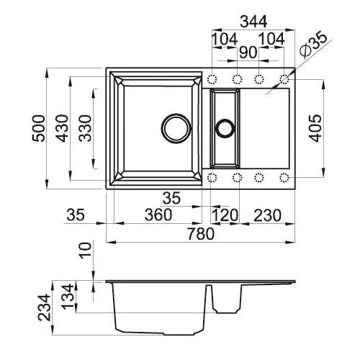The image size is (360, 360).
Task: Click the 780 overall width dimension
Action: [x=201, y=234]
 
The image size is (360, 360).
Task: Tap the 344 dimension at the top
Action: [x=253, y=22]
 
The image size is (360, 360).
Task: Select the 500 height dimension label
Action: [x=39, y=128]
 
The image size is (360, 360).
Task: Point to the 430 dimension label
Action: [x=62, y=128]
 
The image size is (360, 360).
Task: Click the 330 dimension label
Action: [x=86, y=128]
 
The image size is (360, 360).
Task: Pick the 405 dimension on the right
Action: [x=315, y=128]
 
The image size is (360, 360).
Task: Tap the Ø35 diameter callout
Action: [x=313, y=45]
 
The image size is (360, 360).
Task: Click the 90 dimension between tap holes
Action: [x=248, y=53]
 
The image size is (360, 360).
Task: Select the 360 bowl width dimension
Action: [x=158, y=215]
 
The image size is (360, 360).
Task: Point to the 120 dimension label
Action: [x=225, y=215]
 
